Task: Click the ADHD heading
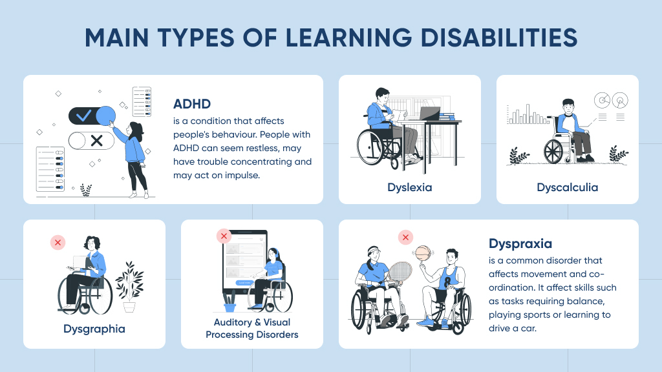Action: click(x=192, y=104)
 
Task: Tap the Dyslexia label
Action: click(x=409, y=188)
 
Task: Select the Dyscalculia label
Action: click(x=567, y=188)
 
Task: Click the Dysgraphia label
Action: click(x=94, y=329)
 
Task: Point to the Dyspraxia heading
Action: click(x=520, y=244)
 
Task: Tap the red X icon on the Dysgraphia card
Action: click(x=58, y=243)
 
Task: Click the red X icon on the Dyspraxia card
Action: click(x=405, y=238)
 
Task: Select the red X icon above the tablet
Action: click(x=224, y=236)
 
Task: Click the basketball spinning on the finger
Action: click(x=423, y=253)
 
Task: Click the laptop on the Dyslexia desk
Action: click(x=429, y=114)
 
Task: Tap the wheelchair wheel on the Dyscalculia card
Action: click(x=554, y=150)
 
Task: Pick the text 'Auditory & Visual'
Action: click(x=251, y=322)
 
